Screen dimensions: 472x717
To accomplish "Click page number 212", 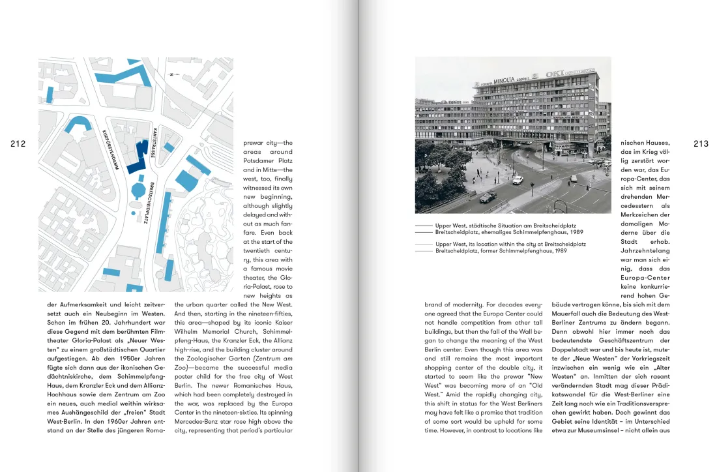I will click(x=18, y=144).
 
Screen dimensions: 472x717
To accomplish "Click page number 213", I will click(x=701, y=144).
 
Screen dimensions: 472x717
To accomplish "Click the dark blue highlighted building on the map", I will click(x=138, y=157).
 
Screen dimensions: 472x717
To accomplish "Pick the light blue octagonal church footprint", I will click(x=138, y=191).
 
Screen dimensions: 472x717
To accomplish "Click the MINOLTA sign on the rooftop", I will click(x=504, y=80).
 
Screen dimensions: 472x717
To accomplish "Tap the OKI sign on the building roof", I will click(x=554, y=74).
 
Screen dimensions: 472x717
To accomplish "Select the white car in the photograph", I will click(x=518, y=180).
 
